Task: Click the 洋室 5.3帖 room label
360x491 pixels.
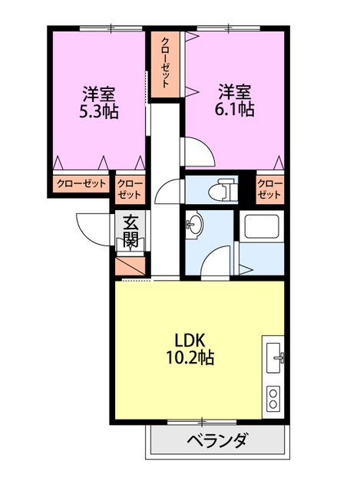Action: pyautogui.click(x=99, y=102)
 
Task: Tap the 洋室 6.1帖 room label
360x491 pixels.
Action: pyautogui.click(x=234, y=101)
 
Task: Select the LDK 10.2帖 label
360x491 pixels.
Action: pyautogui.click(x=190, y=348)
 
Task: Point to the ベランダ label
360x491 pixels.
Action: pyautogui.click(x=218, y=440)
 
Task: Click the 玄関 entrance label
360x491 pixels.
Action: pyautogui.click(x=130, y=231)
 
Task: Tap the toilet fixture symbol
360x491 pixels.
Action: pyautogui.click(x=223, y=189)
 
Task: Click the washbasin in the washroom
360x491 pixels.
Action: pyautogui.click(x=194, y=224)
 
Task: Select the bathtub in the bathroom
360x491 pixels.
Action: pyautogui.click(x=262, y=226)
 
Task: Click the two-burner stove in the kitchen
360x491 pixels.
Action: pyautogui.click(x=273, y=399)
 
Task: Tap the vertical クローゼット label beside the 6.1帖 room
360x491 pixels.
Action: pyautogui.click(x=166, y=63)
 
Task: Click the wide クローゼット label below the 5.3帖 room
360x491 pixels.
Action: pyautogui.click(x=81, y=183)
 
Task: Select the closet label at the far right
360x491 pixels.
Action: pyautogui.click(x=269, y=189)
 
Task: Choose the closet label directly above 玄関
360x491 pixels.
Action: pyautogui.click(x=130, y=189)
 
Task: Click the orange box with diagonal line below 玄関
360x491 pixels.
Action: pyautogui.click(x=130, y=265)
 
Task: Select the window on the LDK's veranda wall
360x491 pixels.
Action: pyautogui.click(x=202, y=423)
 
